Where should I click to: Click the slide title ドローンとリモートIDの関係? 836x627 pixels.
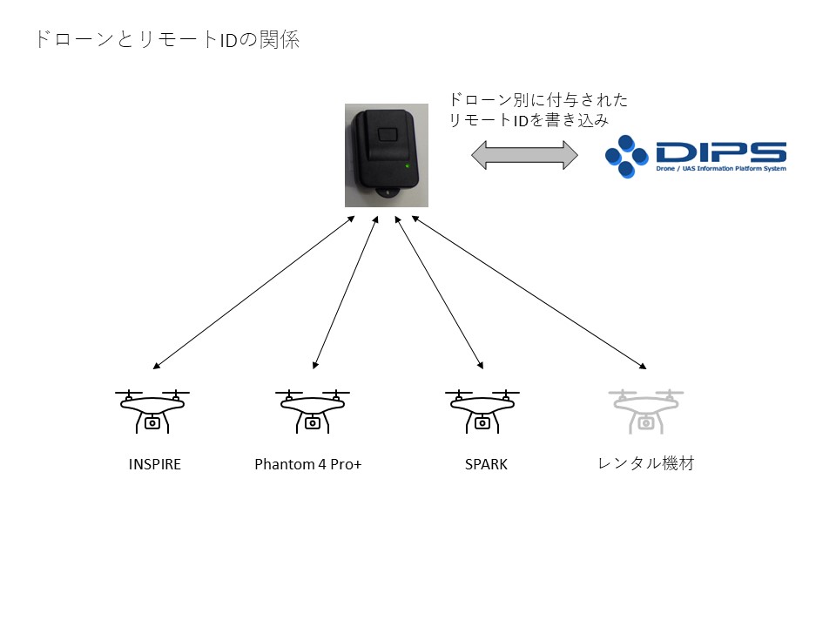coord(167,40)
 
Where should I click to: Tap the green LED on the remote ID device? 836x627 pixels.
coord(408,165)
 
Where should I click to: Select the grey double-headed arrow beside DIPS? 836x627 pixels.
coord(524,155)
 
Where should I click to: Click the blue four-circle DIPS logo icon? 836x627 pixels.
coord(626,156)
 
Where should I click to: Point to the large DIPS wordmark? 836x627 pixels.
coord(721,152)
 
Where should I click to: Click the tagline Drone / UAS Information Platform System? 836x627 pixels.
coord(721,168)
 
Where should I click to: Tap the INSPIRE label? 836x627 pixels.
coord(155,464)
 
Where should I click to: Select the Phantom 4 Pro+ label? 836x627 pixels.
coord(308,464)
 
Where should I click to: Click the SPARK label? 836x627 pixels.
coord(486,464)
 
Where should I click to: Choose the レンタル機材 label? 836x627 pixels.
coord(646,463)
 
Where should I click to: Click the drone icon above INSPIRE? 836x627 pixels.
coord(152,411)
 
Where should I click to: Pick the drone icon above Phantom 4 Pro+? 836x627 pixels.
coord(313,411)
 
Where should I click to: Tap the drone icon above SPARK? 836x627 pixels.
coord(482,411)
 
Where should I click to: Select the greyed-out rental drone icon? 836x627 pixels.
coord(646,411)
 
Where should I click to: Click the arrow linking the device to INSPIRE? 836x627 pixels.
coord(253,293)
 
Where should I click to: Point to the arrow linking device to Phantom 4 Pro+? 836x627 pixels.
coord(346,293)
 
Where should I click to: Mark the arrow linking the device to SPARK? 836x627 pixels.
coord(439,293)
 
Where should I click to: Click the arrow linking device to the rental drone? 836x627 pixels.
coord(529,293)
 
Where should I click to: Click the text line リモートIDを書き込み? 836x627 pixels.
coord(529,120)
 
